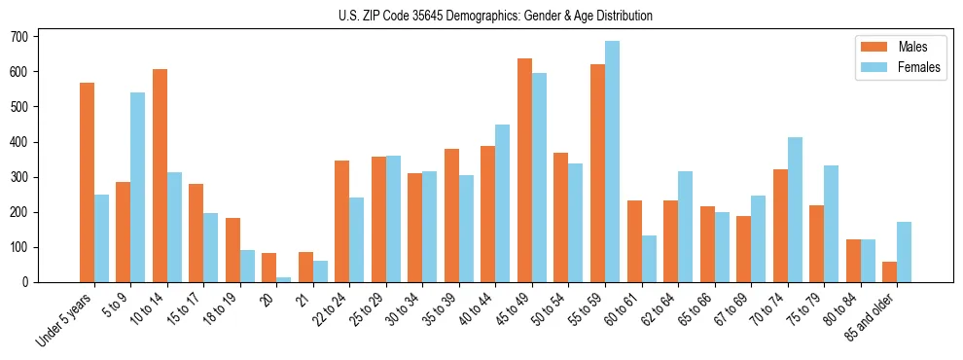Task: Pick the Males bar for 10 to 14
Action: pos(160,176)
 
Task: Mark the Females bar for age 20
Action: pos(283,279)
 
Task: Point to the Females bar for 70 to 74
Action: pos(795,210)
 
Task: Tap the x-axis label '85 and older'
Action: pos(870,315)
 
